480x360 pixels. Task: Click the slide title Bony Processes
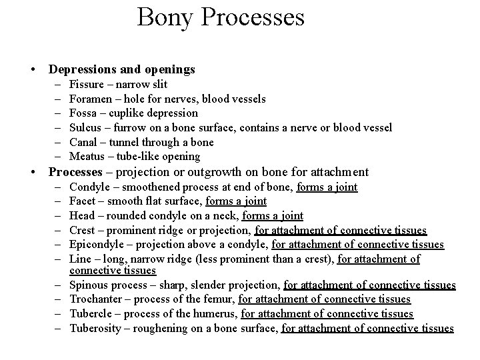pos(221,17)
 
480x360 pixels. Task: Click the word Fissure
pos(85,85)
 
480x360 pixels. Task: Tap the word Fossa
pos(83,113)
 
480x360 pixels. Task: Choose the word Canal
pos(83,142)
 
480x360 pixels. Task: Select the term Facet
pos(82,201)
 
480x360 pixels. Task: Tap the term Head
pos(81,215)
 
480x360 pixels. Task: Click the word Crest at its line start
pos(82,230)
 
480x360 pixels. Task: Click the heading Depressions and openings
pos(122,69)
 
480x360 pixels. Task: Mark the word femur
pos(218,299)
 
